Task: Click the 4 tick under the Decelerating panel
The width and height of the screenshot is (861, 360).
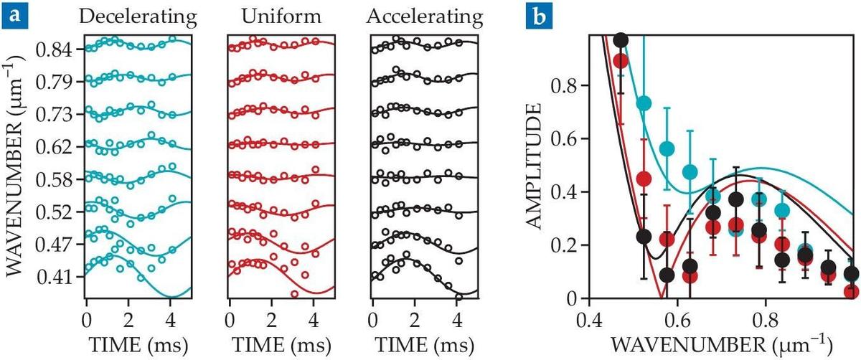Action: click(x=171, y=318)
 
